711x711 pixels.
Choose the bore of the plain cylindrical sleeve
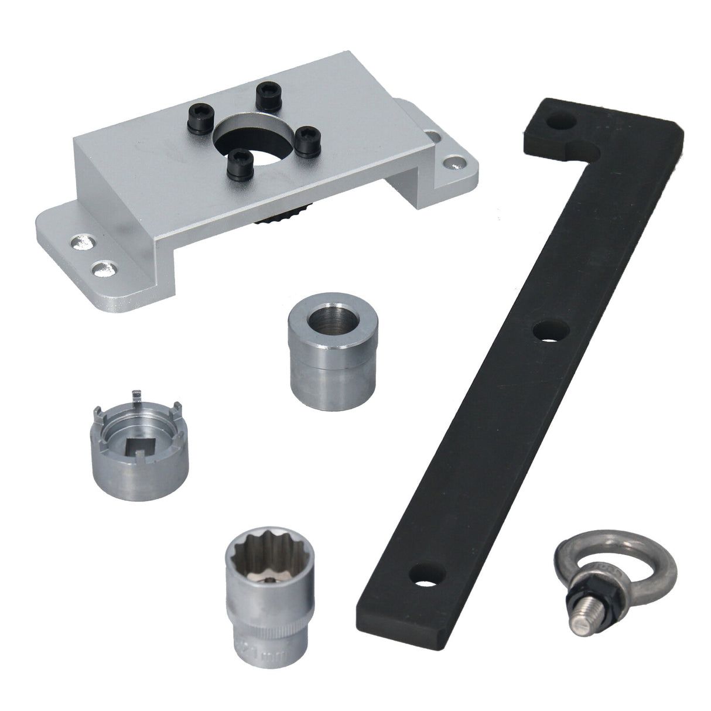pos(323,319)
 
